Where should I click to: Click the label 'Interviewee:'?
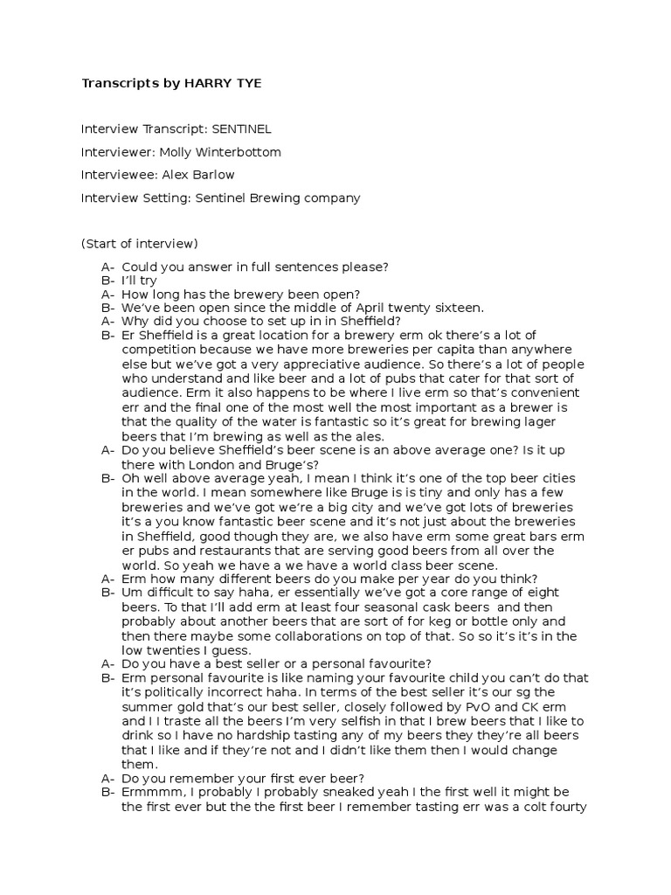tap(120, 175)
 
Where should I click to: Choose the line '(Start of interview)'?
tap(140, 243)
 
